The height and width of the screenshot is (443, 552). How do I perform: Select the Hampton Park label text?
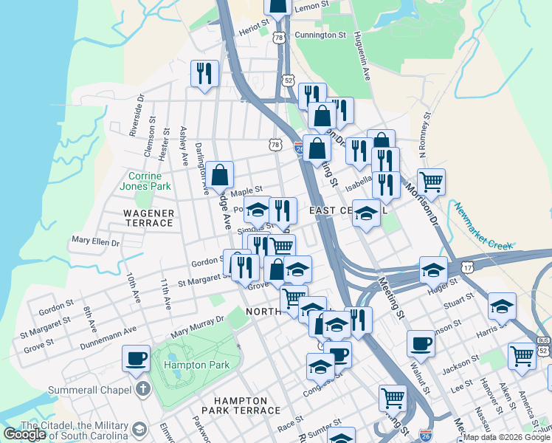click(197, 365)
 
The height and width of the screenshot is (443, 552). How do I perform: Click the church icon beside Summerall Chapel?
click(142, 389)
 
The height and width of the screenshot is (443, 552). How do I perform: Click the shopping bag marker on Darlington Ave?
click(220, 175)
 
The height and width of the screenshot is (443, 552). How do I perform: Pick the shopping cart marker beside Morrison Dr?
click(431, 181)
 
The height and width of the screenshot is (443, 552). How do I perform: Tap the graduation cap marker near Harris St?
click(502, 304)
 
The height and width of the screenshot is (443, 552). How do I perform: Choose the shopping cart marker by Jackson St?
click(522, 355)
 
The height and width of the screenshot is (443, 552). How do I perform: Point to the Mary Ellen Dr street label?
click(95, 241)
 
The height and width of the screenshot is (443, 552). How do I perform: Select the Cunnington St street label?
click(320, 35)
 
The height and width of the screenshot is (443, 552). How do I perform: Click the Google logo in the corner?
click(25, 434)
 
